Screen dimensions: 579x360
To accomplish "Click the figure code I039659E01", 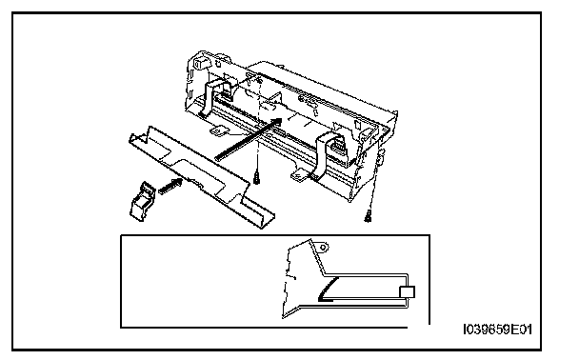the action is (497, 330).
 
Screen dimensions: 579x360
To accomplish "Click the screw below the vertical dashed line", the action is (256, 179).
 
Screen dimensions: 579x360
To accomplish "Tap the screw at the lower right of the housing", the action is (368, 216).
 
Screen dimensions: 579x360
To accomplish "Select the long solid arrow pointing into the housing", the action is (249, 139).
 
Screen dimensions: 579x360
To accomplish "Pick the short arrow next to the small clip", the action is (170, 185).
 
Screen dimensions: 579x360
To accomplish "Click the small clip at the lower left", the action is (142, 201).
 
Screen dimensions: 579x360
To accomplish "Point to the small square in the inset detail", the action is (407, 291).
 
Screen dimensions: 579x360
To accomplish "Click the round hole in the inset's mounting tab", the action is (323, 247).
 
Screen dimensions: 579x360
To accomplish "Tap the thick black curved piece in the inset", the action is (328, 289).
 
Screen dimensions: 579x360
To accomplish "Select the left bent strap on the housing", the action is (209, 98).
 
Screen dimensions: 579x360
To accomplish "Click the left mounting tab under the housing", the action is (220, 130).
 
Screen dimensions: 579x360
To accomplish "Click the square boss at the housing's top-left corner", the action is (201, 62).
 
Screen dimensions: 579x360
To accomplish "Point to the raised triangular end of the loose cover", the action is (145, 134).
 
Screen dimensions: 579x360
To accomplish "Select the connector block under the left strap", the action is (225, 94).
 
